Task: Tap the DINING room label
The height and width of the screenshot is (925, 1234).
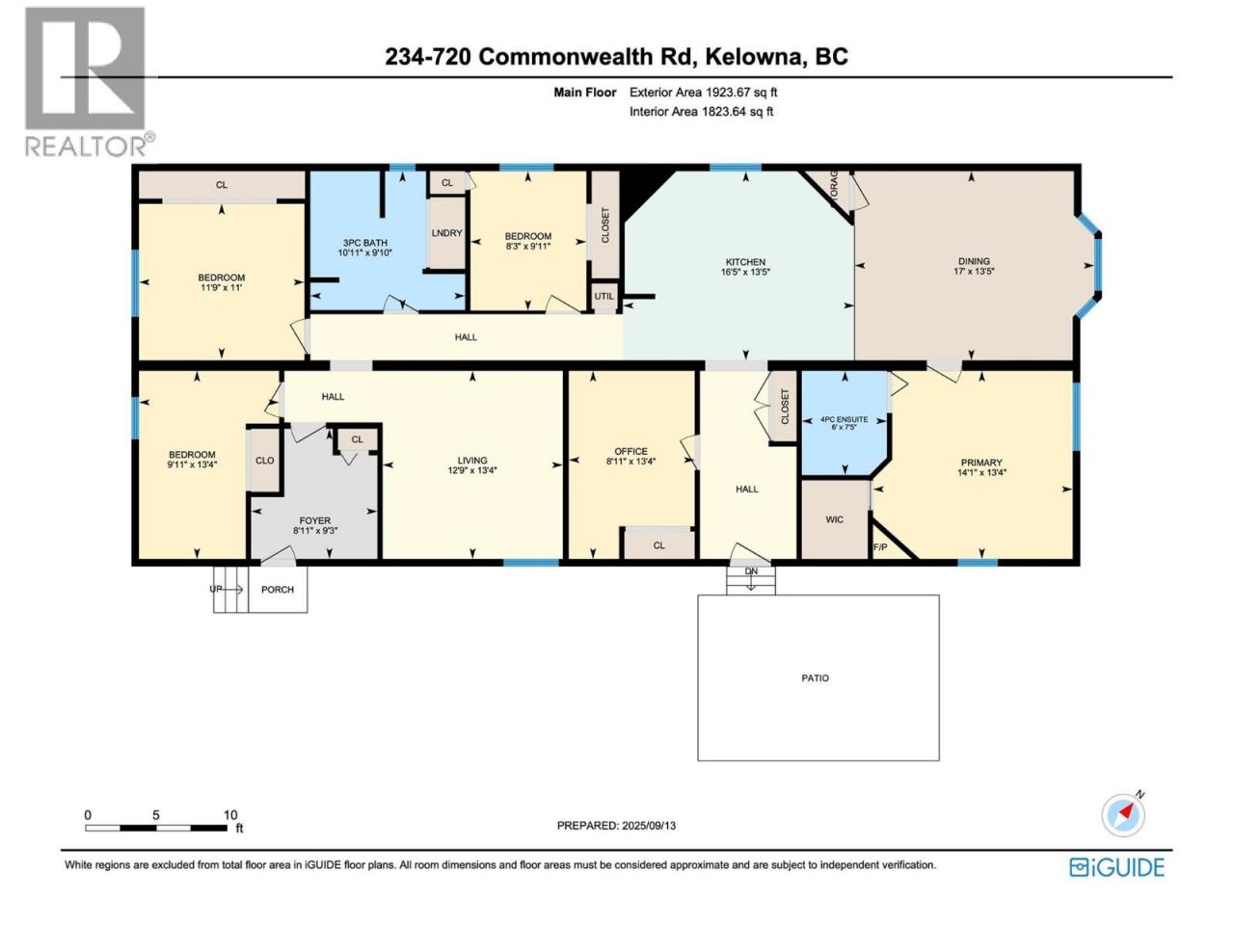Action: pos(974,261)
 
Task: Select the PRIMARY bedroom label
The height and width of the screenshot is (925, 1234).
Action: pos(981,462)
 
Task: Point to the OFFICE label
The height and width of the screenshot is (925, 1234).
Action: pos(630,452)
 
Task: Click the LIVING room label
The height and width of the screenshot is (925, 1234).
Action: pos(471,461)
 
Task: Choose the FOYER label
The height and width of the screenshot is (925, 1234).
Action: pos(315,520)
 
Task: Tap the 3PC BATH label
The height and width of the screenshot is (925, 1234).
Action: pos(364,243)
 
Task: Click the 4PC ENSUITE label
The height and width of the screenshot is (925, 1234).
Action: pos(844,419)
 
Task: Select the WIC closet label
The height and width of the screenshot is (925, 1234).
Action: pos(834,519)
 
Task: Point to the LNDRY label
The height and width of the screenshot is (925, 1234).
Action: pos(446,232)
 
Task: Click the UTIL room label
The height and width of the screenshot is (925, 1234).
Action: pos(604,296)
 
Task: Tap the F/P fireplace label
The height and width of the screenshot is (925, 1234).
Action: pos(880,546)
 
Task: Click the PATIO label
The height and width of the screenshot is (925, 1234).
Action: pos(815,678)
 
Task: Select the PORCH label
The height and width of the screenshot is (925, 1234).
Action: pos(277,589)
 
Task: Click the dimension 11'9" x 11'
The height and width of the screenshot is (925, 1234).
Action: pos(221,287)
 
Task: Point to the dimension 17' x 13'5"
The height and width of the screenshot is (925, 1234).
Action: pos(974,272)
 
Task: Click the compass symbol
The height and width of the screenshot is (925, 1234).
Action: pos(1122,815)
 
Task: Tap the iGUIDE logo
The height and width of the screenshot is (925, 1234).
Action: pos(1116,868)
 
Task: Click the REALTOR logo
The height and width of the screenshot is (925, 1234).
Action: pos(90,82)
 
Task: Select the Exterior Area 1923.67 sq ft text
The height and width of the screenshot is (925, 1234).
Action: pos(704,92)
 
